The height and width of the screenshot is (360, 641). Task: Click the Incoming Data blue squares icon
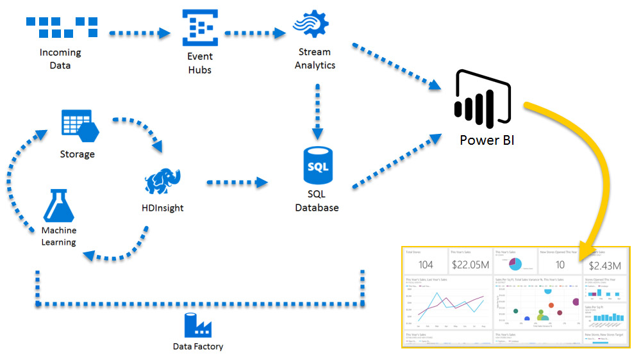62,26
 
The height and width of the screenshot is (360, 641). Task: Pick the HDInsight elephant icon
163,181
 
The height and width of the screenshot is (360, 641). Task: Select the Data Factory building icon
197,325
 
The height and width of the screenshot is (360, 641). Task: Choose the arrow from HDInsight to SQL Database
237,183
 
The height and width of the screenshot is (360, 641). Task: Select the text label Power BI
487,140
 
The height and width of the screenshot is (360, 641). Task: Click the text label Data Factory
198,347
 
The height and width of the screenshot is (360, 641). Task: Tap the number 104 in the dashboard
426,265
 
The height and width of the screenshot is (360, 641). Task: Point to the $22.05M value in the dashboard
470,265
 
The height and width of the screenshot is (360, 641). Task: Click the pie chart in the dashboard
516,264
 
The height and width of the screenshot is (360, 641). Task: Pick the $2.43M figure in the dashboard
605,265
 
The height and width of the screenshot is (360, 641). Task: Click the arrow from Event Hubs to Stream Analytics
254,31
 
